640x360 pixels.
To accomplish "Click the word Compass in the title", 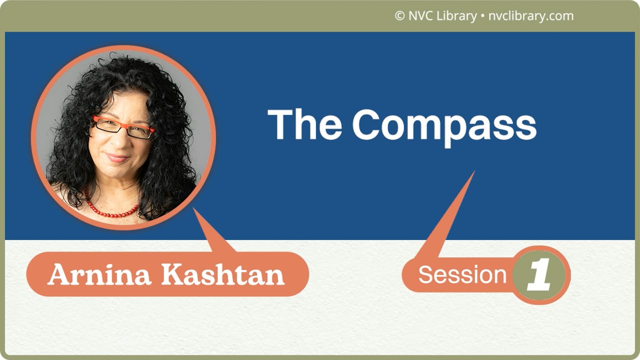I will point(444,125).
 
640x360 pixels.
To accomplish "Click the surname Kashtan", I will point(225,274).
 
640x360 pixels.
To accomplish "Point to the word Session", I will point(462,274).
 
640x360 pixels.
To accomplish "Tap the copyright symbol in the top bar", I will point(399,16).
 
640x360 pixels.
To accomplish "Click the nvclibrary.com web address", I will point(530,16).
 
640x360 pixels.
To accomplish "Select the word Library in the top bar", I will point(456,16).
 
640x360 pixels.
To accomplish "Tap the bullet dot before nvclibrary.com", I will point(482,16).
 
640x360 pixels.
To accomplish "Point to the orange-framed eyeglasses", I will point(123,127).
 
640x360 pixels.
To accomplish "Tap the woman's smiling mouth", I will point(117,158).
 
